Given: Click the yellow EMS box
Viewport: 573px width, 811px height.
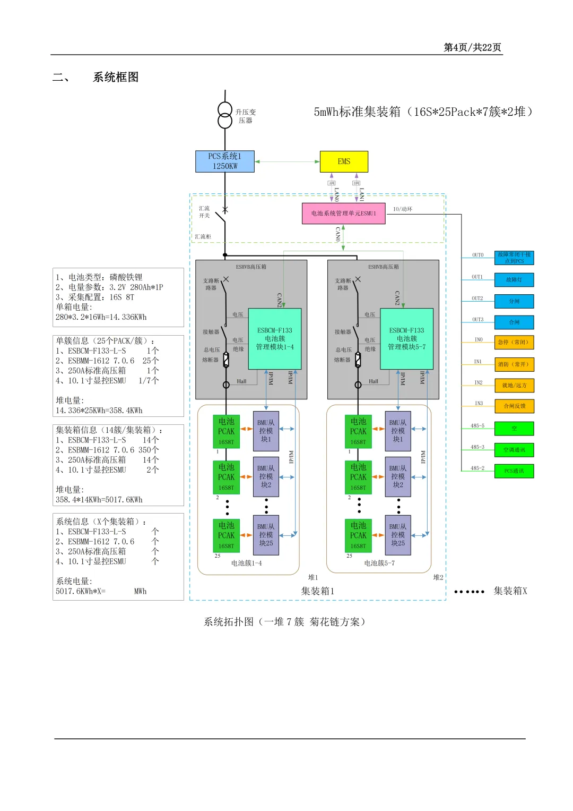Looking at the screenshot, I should pyautogui.click(x=344, y=161).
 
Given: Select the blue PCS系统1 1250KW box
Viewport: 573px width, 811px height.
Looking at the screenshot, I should pyautogui.click(x=225, y=161).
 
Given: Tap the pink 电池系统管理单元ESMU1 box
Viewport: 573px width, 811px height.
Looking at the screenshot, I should pyautogui.click(x=343, y=214).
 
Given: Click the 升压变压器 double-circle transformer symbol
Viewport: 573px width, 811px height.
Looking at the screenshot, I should pyautogui.click(x=225, y=115).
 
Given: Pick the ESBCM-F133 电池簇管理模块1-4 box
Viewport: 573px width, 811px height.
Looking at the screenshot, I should pyautogui.click(x=275, y=339).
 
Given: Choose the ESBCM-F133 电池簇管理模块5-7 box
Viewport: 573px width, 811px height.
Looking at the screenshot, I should pyautogui.click(x=406, y=339).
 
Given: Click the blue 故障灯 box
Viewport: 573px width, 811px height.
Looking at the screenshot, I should pyautogui.click(x=514, y=280).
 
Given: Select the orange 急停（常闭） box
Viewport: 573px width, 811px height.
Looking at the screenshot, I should pyautogui.click(x=514, y=343).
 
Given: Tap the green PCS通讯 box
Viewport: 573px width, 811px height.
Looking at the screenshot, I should pyautogui.click(x=514, y=471).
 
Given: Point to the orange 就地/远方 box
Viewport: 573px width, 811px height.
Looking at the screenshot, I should pyautogui.click(x=514, y=386).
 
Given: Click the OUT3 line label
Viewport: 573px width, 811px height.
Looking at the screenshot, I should pyautogui.click(x=477, y=320).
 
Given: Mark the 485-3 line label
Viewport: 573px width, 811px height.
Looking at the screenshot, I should pyautogui.click(x=477, y=447).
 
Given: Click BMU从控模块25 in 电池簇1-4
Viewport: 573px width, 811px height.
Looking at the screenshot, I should pyautogui.click(x=266, y=535).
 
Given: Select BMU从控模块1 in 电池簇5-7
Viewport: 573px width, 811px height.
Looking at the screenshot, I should pyautogui.click(x=398, y=431).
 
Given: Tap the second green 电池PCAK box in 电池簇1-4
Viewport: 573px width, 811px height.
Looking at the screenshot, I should pyautogui.click(x=226, y=477).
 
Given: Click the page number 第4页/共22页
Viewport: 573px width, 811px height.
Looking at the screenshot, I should pyautogui.click(x=472, y=47).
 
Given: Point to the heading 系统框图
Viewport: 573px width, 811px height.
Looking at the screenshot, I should pyautogui.click(x=116, y=77).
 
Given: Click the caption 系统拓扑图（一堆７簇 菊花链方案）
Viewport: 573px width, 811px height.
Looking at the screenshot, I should pyautogui.click(x=285, y=622).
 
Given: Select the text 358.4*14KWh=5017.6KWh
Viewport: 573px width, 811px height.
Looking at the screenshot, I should pyautogui.click(x=99, y=500).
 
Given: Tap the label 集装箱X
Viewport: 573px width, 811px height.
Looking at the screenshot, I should pyautogui.click(x=510, y=591).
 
